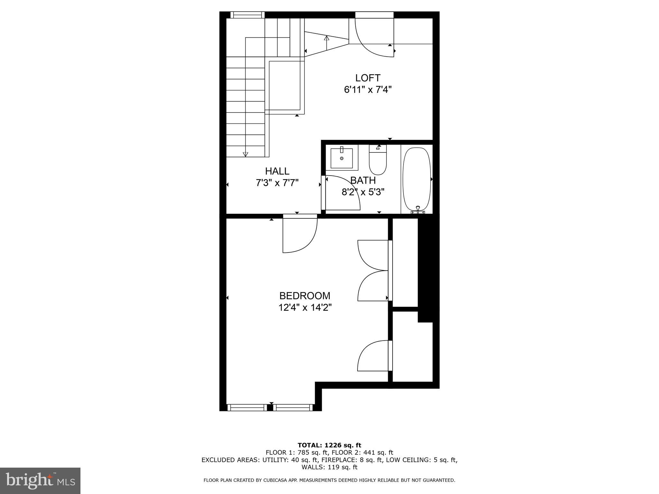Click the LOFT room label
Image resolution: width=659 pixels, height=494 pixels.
pos(368,78)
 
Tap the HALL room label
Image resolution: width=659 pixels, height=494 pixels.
pos(277,171)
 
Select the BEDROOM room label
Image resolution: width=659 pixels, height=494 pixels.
pos(305,296)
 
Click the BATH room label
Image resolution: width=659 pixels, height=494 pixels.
pos(363,180)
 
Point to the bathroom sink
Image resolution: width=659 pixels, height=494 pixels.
pos(342,158)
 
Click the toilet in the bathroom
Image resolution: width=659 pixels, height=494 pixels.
pos(378,161)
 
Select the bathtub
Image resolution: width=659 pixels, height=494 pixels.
pos(417,179)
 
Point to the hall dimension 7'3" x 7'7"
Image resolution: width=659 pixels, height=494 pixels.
pos(277,183)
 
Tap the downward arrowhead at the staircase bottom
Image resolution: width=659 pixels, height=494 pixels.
pos(246,154)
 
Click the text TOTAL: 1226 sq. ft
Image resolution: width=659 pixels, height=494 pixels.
pos(329,445)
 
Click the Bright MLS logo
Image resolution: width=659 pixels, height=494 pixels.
pos(40,480)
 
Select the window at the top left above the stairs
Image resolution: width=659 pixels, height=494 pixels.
pos(247,15)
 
